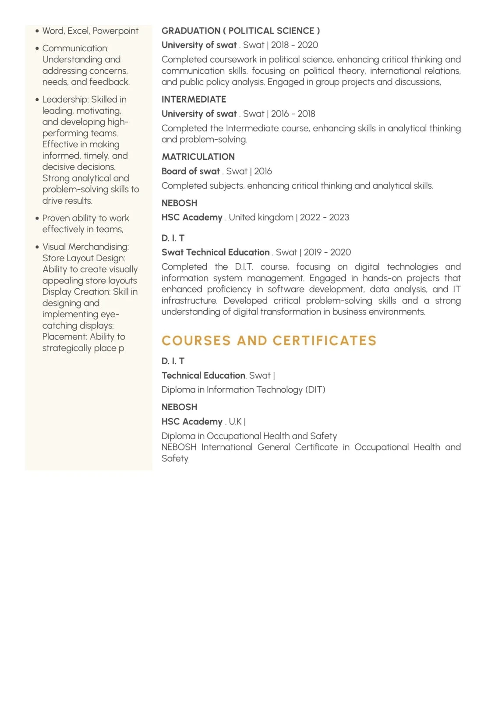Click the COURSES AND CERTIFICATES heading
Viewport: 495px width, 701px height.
(x=269, y=340)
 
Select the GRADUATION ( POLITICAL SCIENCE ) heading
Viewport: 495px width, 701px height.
(x=240, y=31)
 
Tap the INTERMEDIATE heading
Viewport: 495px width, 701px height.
(x=194, y=99)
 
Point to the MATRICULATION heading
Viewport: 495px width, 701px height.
(x=198, y=157)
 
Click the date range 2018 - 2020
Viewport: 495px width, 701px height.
(x=294, y=45)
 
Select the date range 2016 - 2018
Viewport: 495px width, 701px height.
(x=293, y=114)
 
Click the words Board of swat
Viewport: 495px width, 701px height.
(x=191, y=171)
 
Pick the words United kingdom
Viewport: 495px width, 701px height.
(x=261, y=217)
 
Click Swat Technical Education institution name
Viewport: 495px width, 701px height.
(x=216, y=252)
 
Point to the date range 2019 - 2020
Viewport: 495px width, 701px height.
(x=327, y=252)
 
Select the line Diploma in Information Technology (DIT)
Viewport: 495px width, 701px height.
(x=243, y=389)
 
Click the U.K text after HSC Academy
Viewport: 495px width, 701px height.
(x=235, y=421)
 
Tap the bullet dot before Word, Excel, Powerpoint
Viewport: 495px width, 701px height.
(x=37, y=31)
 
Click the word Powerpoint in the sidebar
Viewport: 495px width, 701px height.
(x=115, y=31)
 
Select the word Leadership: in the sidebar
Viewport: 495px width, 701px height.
(x=65, y=99)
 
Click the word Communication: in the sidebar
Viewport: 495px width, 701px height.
(x=75, y=48)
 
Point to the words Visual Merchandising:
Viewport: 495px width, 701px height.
(x=85, y=247)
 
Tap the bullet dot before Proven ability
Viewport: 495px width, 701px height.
(x=37, y=218)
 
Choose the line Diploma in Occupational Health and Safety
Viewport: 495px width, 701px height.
(x=249, y=436)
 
